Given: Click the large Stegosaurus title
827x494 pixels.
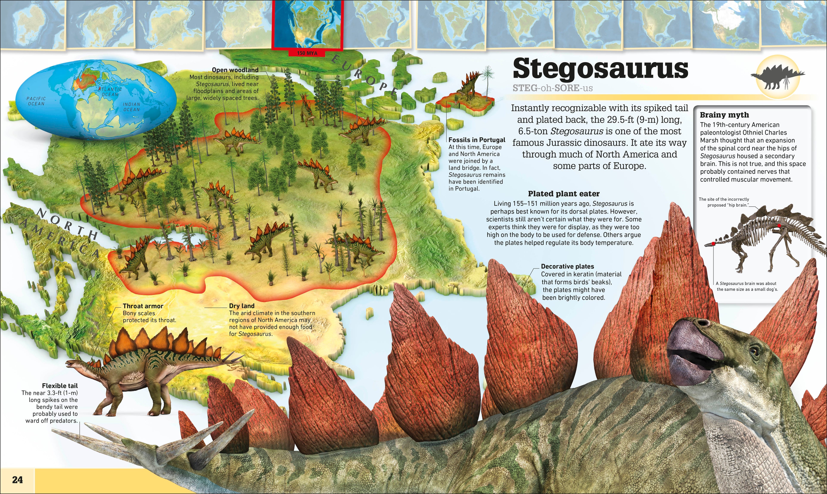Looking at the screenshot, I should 600,69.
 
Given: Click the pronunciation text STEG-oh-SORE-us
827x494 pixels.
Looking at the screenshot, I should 553,88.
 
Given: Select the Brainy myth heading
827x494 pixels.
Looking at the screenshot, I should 724,115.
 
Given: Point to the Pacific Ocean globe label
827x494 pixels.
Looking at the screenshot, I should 36,101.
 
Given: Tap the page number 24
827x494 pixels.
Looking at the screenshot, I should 17,480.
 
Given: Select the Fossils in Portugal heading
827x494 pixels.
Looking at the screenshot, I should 477,140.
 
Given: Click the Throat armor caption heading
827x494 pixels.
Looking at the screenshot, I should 143,306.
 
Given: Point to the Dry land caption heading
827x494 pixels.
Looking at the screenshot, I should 241,306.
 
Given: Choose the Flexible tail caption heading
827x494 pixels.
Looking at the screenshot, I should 60,386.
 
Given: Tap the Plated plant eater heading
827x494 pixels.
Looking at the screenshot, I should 564,194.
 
